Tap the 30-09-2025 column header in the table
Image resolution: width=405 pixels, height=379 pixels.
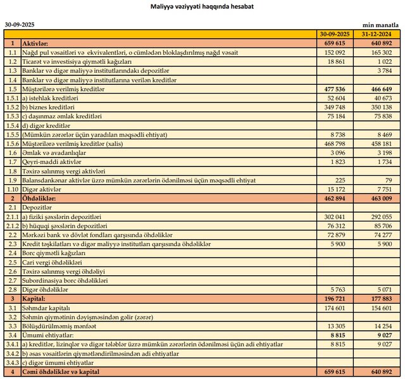tap(335, 33)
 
